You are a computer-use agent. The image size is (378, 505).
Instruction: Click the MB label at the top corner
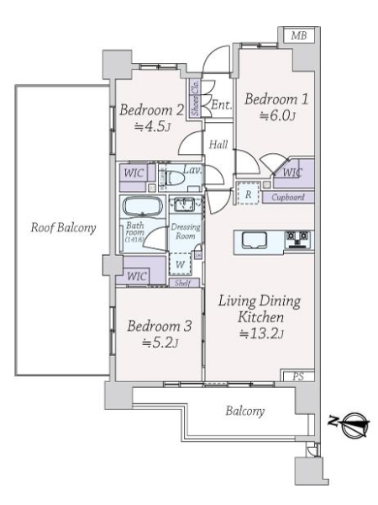pos(297,35)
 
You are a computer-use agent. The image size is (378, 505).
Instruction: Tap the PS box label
pos(298,376)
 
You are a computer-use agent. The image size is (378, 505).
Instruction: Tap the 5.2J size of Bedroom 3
pos(153,342)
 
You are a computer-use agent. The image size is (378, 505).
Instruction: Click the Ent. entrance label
pos(221,105)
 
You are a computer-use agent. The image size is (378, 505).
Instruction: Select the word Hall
pos(218,145)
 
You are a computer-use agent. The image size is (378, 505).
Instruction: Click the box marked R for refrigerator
pos(248,193)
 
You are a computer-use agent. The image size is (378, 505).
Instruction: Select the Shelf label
pos(181,283)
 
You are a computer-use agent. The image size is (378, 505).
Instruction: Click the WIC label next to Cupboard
pos(291,173)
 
